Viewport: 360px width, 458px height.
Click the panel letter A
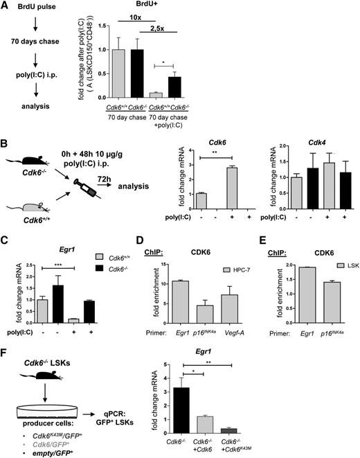[x=6, y=6]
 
